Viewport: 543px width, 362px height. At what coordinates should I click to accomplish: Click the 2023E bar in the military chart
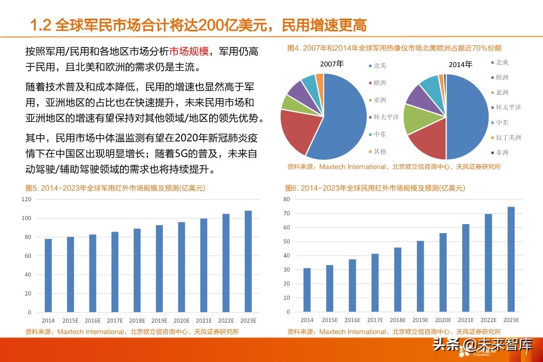(x=248, y=261)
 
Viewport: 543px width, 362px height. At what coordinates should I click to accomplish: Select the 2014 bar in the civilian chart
(x=307, y=290)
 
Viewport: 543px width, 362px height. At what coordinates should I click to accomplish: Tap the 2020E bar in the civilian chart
(x=443, y=272)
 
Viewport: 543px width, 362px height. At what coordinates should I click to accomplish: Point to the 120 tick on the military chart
(x=26, y=199)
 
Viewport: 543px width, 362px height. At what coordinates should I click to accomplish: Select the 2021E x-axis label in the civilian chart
(x=465, y=320)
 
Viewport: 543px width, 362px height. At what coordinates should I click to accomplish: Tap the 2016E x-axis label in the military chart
(x=92, y=320)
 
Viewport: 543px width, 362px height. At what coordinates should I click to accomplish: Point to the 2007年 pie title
(x=332, y=64)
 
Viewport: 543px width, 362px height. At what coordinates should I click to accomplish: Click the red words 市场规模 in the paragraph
(x=189, y=52)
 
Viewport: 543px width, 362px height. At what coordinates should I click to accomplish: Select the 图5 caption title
(x=116, y=188)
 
